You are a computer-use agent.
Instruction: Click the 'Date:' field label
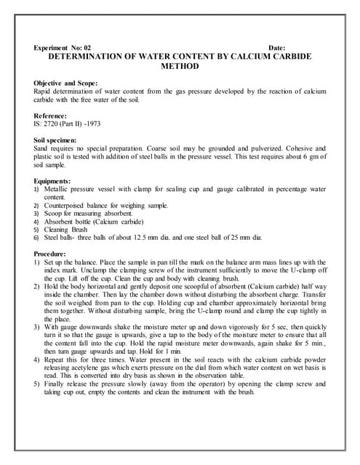pyautogui.click(x=276, y=46)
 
